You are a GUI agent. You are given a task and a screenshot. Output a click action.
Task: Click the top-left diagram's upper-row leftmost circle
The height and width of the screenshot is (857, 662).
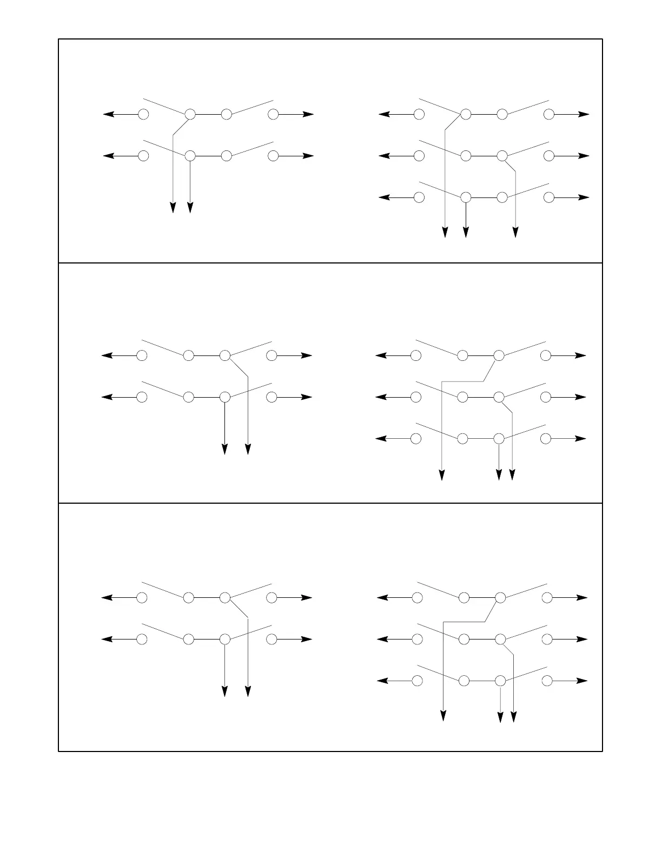tap(143, 114)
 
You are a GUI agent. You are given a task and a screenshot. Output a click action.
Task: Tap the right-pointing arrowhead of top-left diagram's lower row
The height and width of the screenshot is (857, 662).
tap(308, 156)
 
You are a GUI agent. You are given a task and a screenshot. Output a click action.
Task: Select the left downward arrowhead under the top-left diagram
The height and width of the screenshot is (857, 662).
tap(173, 207)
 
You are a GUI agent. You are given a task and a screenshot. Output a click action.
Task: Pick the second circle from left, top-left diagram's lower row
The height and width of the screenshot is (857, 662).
tap(190, 156)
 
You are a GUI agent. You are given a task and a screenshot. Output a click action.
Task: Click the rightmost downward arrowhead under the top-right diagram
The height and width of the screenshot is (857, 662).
tap(515, 232)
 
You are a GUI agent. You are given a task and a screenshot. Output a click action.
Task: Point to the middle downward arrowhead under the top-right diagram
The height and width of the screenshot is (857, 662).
tap(466, 232)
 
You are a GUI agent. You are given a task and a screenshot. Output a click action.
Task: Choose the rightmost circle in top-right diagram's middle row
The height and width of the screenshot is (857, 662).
tap(549, 156)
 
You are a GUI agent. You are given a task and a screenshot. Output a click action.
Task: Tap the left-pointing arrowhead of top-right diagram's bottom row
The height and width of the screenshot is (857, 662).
tap(384, 197)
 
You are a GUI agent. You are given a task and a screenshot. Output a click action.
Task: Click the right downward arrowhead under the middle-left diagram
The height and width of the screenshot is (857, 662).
tap(248, 449)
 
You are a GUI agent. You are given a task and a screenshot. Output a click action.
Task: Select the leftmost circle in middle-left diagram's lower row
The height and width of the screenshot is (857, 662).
tap(142, 397)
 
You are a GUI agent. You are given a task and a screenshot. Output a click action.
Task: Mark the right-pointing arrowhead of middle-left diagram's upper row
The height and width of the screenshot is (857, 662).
tap(307, 355)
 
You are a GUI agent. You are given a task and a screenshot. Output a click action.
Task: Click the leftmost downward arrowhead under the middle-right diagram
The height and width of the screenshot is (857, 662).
tap(442, 474)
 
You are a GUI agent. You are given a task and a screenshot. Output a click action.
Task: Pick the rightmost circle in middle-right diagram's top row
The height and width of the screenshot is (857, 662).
tap(546, 355)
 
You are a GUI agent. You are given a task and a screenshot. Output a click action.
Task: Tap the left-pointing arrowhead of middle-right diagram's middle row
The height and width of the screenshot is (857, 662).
tap(381, 397)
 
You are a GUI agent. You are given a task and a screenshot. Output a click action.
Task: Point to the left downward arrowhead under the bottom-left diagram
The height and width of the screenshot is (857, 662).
tap(224, 691)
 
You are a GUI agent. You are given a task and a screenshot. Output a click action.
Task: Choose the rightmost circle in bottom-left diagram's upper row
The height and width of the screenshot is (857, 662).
tap(272, 598)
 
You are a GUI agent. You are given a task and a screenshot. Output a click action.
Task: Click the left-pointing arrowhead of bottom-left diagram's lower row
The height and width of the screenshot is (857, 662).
tap(107, 640)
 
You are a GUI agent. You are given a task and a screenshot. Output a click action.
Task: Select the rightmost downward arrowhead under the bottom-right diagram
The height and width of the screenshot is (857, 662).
tap(513, 717)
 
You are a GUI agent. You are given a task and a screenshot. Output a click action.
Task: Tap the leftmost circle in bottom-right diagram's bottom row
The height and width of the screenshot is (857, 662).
tap(417, 681)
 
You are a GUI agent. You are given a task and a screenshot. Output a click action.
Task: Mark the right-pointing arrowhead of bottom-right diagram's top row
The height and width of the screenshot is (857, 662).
tap(582, 598)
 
